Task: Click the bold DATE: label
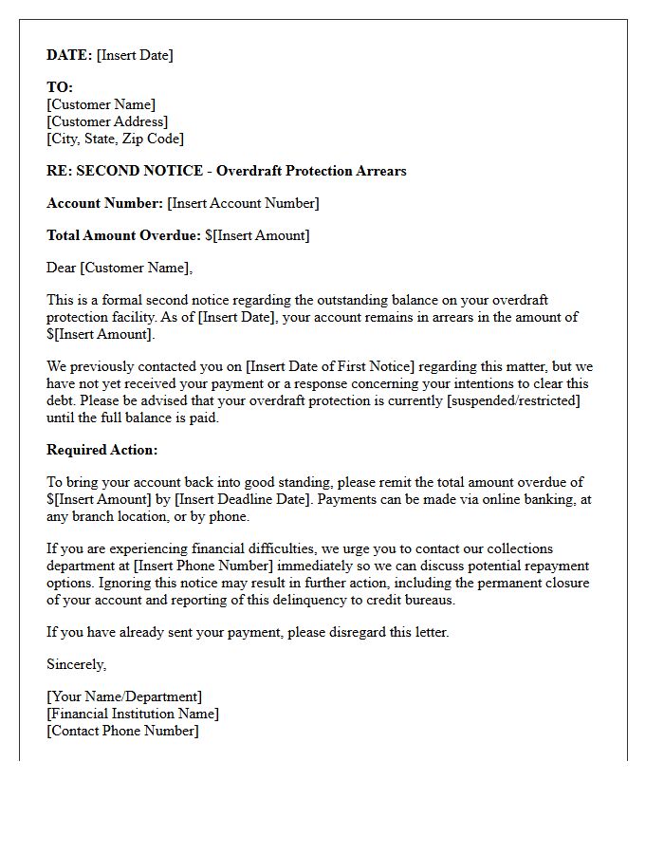69,55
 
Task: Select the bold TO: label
60,87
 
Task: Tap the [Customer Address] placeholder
107,121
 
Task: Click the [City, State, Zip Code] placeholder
115,139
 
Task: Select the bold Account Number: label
104,203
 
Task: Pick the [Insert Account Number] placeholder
243,203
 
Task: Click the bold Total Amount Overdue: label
123,235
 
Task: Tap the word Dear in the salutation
62,268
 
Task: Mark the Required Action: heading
102,450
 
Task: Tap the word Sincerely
77,664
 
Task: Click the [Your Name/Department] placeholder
124,696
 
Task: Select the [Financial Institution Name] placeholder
133,714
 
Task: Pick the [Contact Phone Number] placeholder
123,731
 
